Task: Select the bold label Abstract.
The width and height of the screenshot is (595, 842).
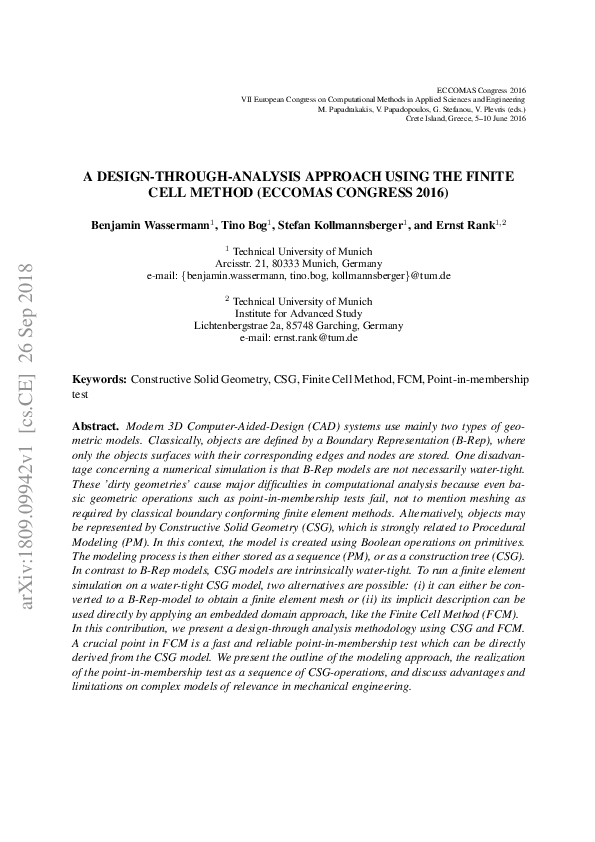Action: tap(96, 426)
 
